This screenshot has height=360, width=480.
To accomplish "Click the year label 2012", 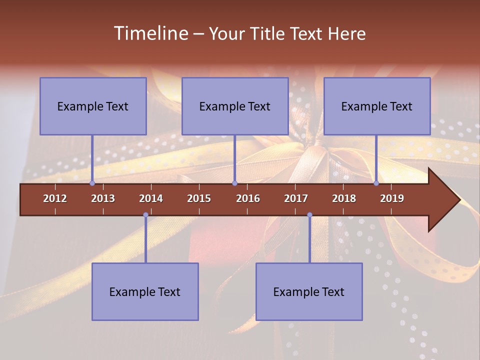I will (x=55, y=198).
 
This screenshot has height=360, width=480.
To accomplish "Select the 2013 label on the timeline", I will (x=103, y=198).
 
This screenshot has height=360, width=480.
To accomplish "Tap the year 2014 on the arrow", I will (x=151, y=198).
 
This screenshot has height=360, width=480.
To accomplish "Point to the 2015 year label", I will (x=199, y=198).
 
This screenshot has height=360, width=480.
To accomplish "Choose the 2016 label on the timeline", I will (x=248, y=198).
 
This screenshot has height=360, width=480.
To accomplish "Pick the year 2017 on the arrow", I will (x=296, y=198).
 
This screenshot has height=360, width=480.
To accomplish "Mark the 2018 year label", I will (x=344, y=198).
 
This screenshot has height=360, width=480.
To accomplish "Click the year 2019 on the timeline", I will (x=392, y=198).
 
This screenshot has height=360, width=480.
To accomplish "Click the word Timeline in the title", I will (x=150, y=33).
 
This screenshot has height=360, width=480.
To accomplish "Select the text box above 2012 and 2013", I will (x=93, y=106).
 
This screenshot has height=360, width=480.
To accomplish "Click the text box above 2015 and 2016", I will (x=235, y=106).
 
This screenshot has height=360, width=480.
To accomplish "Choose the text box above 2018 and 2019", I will (x=377, y=106).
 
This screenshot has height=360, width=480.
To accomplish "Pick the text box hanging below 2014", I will (x=145, y=291).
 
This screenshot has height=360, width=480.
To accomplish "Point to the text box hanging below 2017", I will (x=309, y=291).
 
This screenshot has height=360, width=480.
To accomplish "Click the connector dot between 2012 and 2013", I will (x=92, y=183).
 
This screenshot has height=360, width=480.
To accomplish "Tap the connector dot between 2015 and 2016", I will (x=234, y=183).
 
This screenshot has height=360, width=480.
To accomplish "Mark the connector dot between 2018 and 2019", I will (x=376, y=183).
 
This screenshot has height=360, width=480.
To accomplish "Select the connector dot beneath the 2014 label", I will (x=145, y=215).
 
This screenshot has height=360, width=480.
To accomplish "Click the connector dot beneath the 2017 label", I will (x=309, y=215).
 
